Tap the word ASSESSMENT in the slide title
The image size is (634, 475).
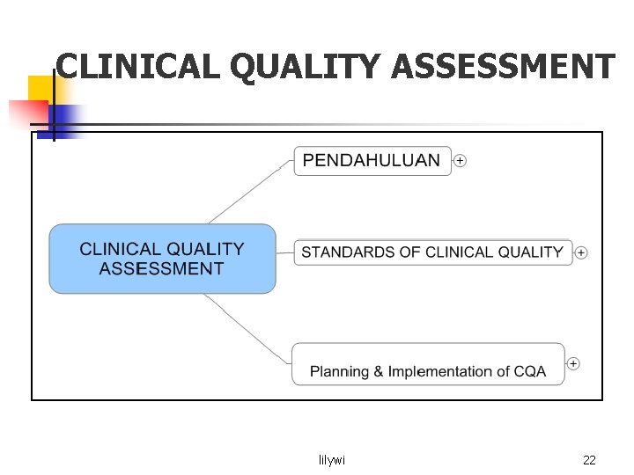click(502, 66)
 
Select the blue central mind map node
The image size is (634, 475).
click(162, 259)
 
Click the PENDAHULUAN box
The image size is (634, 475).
click(372, 161)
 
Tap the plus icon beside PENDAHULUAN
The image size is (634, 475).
click(460, 161)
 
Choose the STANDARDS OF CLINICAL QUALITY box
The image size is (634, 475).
click(432, 252)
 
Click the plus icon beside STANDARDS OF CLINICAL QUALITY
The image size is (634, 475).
click(581, 253)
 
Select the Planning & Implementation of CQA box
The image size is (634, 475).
click(428, 363)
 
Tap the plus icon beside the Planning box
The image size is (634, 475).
click(573, 363)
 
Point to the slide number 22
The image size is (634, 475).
click(590, 460)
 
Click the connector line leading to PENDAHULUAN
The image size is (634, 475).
click(251, 193)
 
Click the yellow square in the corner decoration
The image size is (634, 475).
click(41, 88)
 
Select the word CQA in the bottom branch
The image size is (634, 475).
click(530, 372)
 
